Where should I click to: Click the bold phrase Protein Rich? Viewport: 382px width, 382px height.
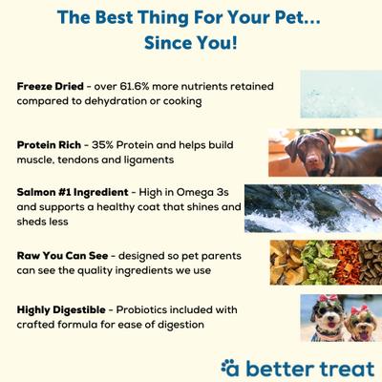coord(47,144)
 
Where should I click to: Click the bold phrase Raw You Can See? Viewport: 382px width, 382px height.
coord(61,257)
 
